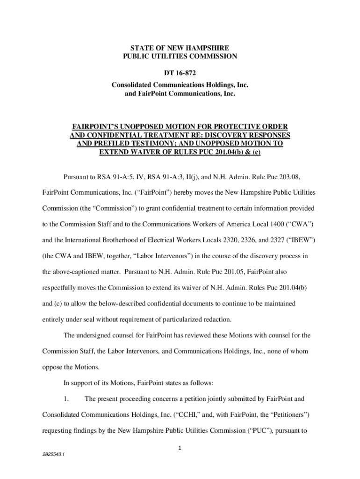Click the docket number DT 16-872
(180, 73)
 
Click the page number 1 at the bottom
(180, 449)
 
